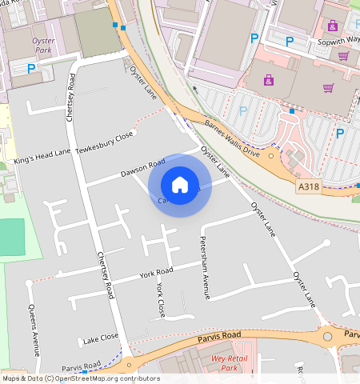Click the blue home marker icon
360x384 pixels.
(180, 185)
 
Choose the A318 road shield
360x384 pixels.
(308, 186)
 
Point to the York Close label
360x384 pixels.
(161, 298)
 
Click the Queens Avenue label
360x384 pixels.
(34, 329)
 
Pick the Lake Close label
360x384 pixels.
(100, 337)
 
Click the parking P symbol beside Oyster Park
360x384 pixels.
(32, 69)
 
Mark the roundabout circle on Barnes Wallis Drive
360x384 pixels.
(272, 155)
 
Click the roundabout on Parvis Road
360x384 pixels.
(327, 337)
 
